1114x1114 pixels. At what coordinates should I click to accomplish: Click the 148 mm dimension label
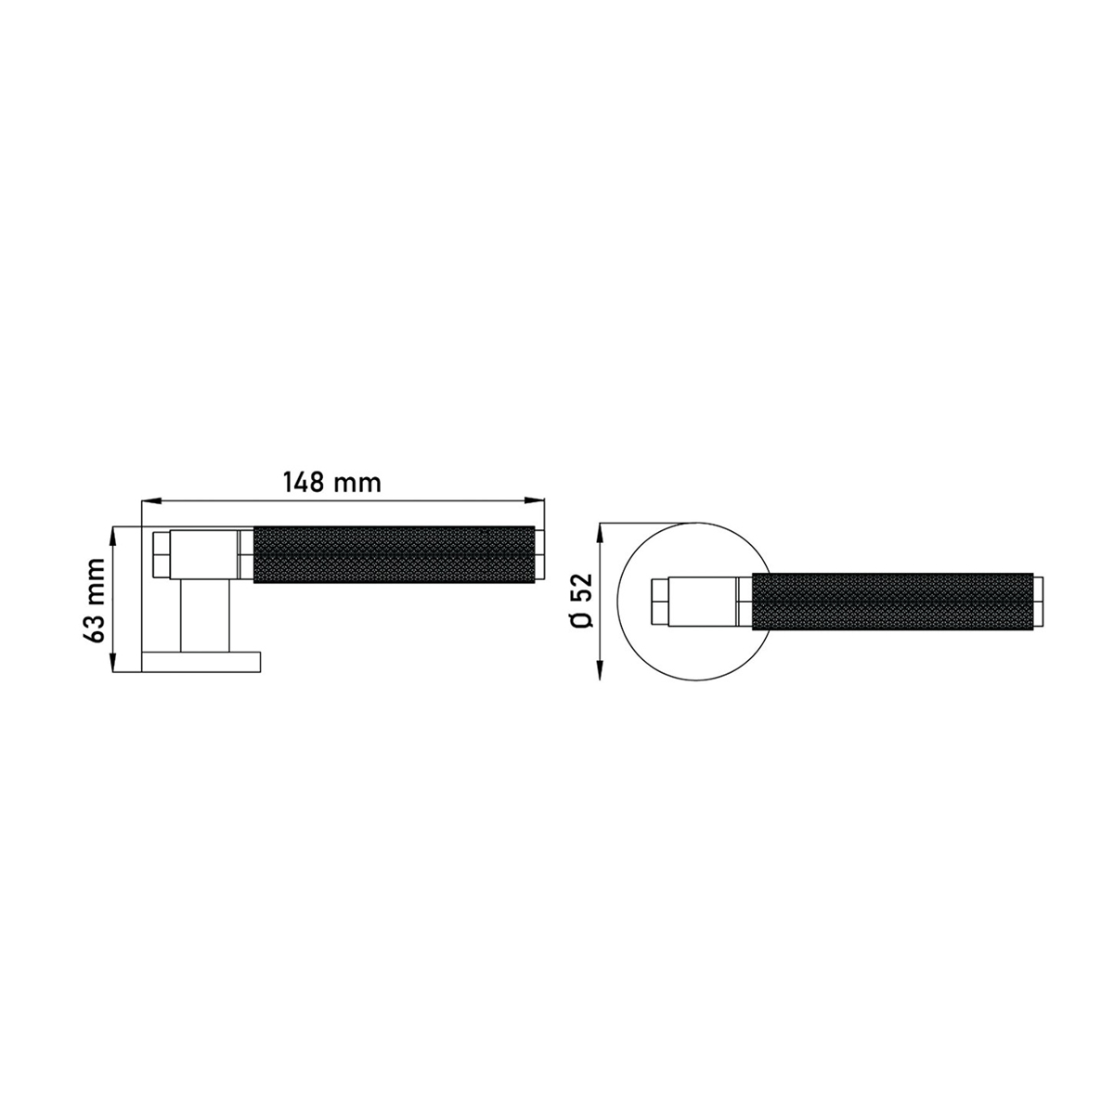pos(331,482)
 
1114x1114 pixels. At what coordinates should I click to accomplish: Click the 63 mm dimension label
pos(94,600)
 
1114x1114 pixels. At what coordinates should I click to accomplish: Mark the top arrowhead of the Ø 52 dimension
pos(600,533)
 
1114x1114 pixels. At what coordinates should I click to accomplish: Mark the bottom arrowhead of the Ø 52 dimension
pos(600,670)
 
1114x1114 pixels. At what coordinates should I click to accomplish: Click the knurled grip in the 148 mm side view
pos(395,554)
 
